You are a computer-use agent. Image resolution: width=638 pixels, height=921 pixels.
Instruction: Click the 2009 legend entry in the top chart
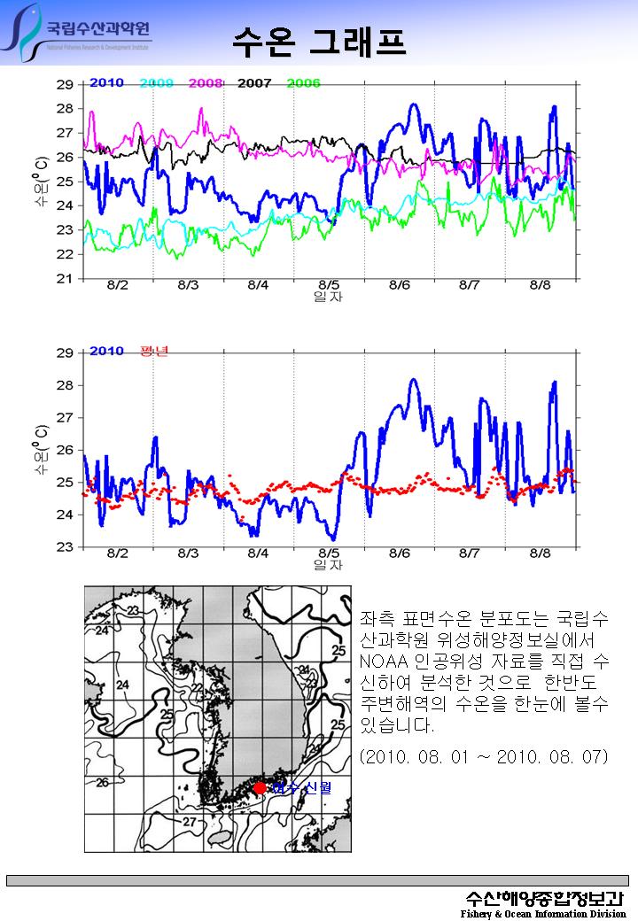coord(156,83)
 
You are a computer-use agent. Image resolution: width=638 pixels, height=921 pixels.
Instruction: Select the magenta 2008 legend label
coord(205,83)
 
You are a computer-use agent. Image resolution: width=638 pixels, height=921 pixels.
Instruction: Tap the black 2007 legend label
coord(254,83)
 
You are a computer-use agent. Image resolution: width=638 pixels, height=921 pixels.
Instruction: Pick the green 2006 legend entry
coord(303,83)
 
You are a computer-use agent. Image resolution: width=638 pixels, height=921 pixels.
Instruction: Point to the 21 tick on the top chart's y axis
coord(65,279)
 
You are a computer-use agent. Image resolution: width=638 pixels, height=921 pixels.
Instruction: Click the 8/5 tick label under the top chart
coord(329,285)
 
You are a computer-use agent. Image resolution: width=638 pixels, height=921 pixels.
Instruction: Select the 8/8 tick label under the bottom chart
coord(540,553)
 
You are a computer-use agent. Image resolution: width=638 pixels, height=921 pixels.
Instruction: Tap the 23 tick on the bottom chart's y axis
coord(65,547)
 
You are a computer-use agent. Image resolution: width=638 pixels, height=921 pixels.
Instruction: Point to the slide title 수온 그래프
coord(319,39)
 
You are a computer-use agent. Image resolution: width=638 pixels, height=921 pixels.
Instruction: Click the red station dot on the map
coord(260,787)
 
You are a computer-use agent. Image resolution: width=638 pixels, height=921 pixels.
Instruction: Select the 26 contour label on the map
coord(103,783)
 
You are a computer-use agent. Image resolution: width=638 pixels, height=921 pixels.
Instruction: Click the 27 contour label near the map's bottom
coord(189,822)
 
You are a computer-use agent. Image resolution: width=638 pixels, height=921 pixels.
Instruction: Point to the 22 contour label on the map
coord(198,688)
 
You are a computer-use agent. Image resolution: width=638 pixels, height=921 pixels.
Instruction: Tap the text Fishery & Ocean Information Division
coord(543,914)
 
